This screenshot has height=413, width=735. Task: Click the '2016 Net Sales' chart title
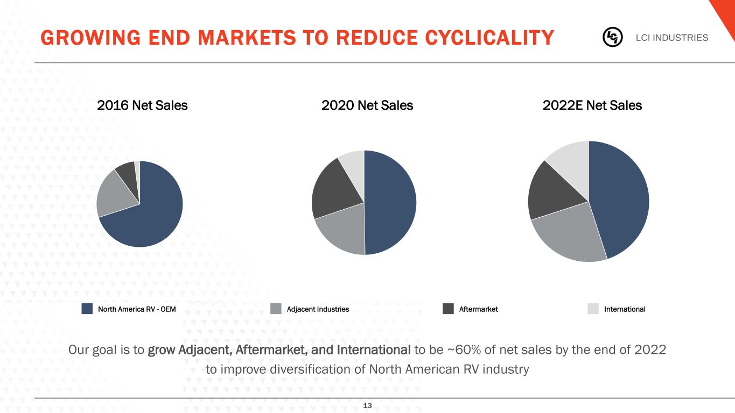point(142,105)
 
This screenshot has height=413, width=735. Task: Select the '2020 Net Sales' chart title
point(367,105)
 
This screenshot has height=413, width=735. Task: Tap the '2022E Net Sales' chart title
point(593,105)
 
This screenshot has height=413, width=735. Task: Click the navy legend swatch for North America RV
point(88,309)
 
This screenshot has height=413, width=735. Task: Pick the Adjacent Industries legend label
point(318,309)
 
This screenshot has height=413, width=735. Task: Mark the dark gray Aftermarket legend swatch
point(449,309)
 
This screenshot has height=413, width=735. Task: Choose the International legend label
point(624,309)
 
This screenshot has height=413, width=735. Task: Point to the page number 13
point(368,405)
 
